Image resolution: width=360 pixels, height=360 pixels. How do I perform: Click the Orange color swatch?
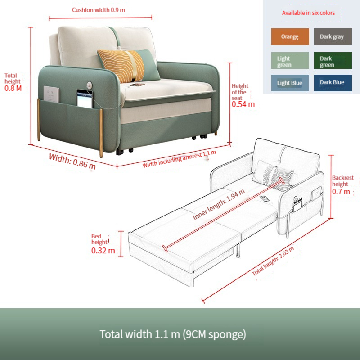click(x=290, y=37)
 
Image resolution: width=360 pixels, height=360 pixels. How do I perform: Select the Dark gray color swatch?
click(x=333, y=37)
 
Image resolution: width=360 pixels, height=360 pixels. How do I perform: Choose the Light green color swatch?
click(x=290, y=61)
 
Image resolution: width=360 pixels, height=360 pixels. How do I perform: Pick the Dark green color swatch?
click(x=333, y=61)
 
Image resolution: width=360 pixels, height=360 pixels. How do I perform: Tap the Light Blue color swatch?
click(x=290, y=83)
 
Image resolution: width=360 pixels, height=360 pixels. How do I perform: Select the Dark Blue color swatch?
click(x=333, y=83)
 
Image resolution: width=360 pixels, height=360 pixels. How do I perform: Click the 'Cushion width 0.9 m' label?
click(x=99, y=10)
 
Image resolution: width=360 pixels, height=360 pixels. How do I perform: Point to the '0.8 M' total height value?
click(x=13, y=88)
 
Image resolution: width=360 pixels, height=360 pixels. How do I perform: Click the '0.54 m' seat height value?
click(x=243, y=104)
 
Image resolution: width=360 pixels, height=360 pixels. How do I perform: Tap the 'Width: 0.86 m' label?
click(x=72, y=162)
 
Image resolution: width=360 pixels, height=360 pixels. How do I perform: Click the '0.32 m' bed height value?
click(x=103, y=251)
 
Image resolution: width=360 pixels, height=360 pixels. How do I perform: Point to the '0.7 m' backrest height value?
click(x=341, y=192)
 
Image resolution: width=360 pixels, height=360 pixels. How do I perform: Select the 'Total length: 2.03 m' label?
click(x=273, y=261)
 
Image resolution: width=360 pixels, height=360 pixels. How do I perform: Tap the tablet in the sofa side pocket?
click(x=85, y=99)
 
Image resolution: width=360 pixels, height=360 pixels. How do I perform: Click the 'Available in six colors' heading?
click(x=308, y=13)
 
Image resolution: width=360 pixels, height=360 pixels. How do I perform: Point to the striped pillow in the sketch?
click(x=273, y=175)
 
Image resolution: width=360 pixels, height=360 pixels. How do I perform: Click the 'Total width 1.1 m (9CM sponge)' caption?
click(x=173, y=334)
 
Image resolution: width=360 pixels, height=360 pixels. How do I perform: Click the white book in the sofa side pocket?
click(x=51, y=94)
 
